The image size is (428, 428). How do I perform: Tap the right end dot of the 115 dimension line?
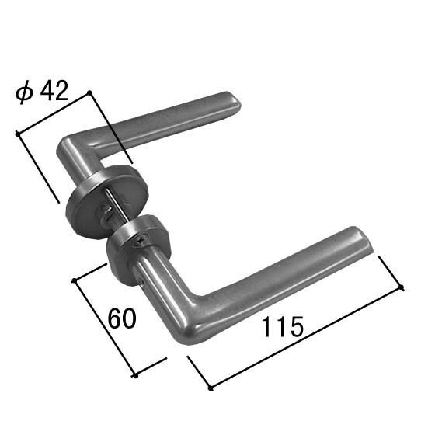point(403,288)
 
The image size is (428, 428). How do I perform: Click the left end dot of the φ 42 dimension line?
point(16,134)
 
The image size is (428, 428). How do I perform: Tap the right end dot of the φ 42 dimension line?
point(90,92)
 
